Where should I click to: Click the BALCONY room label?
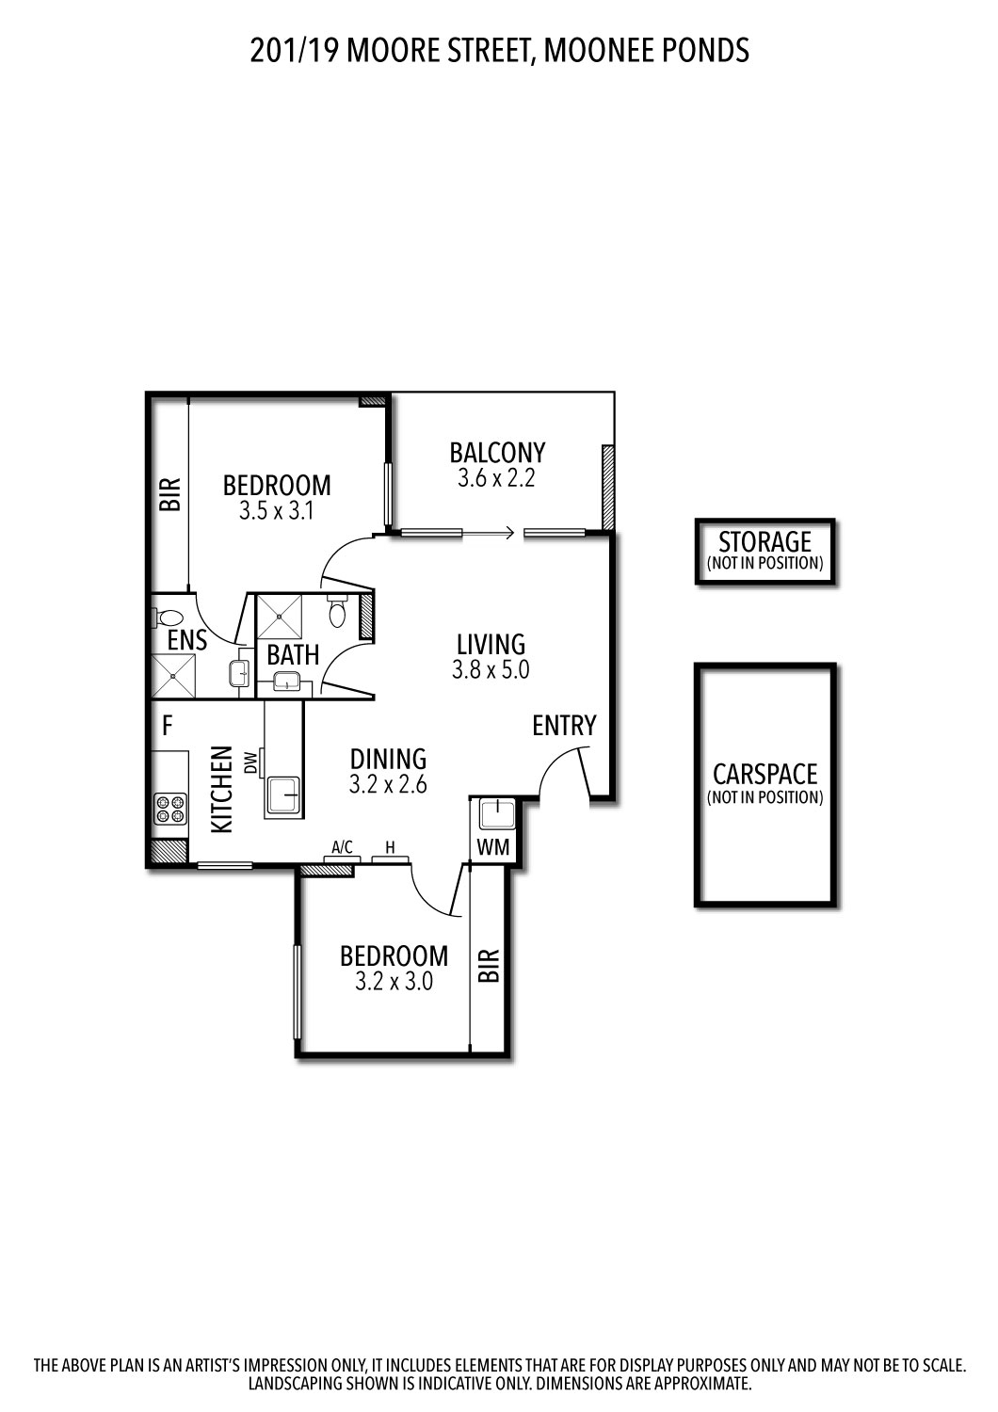pyautogui.click(x=497, y=453)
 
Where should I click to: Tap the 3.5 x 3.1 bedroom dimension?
pyautogui.click(x=276, y=511)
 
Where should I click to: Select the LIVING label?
pyautogui.click(x=491, y=645)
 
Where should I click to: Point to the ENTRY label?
pyautogui.click(x=564, y=726)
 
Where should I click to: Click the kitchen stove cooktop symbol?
pyautogui.click(x=171, y=810)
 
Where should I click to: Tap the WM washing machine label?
pyautogui.click(x=492, y=847)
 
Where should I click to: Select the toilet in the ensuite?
pyautogui.click(x=169, y=618)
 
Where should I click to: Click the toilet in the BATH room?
pyautogui.click(x=338, y=613)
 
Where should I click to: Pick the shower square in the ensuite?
pyautogui.click(x=173, y=674)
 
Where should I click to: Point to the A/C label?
pyautogui.click(x=342, y=847)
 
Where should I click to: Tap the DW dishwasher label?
pyautogui.click(x=250, y=762)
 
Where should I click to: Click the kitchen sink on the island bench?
pyautogui.click(x=283, y=795)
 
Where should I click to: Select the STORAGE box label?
pyautogui.click(x=765, y=542)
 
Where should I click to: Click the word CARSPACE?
pyautogui.click(x=765, y=775)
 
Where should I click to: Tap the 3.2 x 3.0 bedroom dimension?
pyautogui.click(x=394, y=982)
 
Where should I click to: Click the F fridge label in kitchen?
pyautogui.click(x=168, y=726)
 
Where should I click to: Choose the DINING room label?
pyautogui.click(x=388, y=759)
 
